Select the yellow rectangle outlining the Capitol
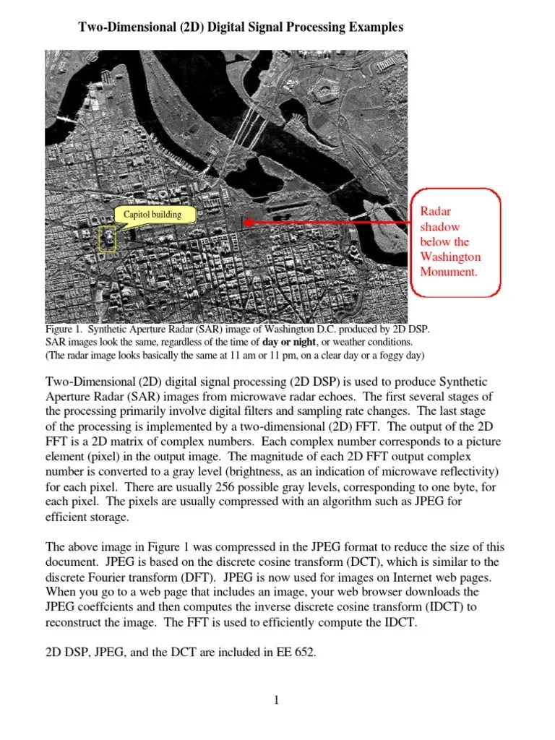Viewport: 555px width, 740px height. tap(107, 238)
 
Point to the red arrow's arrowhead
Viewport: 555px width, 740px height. tap(246, 223)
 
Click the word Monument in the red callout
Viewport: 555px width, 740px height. tap(449, 272)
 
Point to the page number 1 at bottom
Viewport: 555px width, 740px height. tap(277, 700)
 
